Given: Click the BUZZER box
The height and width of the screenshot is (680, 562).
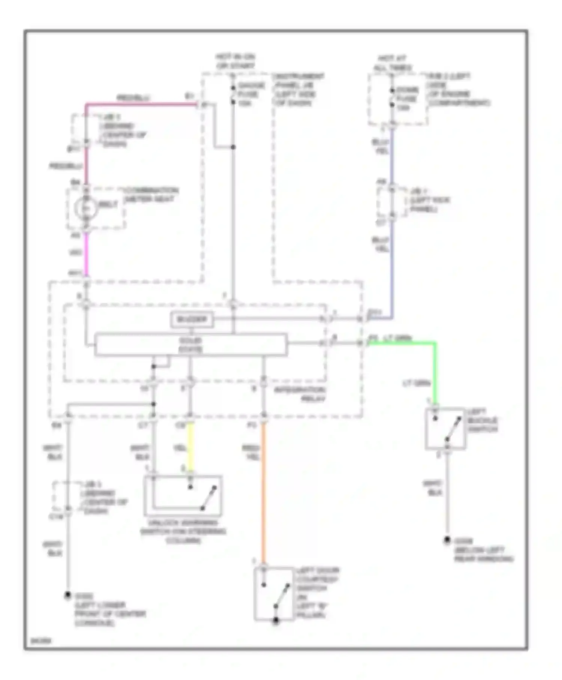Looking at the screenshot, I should pyautogui.click(x=192, y=320).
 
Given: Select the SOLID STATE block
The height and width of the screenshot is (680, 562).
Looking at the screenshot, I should pyautogui.click(x=191, y=344).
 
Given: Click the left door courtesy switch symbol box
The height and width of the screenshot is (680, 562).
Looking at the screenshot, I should pyautogui.click(x=274, y=594).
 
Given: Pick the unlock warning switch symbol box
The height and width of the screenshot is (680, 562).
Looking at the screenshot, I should pyautogui.click(x=183, y=496).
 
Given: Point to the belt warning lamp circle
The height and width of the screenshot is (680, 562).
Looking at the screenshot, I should pyautogui.click(x=86, y=207).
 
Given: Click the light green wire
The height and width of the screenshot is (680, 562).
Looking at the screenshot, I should pyautogui.click(x=435, y=371).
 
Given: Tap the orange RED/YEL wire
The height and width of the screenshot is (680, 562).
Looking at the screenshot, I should pyautogui.click(x=264, y=495).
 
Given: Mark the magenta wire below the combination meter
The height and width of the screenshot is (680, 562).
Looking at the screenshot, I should pyautogui.click(x=86, y=255).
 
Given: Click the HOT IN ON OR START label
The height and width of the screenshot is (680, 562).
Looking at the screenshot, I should pyautogui.click(x=235, y=61).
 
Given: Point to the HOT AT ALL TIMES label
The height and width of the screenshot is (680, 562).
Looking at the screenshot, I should pyautogui.click(x=392, y=63).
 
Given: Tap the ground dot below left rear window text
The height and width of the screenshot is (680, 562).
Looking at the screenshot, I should pyautogui.click(x=447, y=540).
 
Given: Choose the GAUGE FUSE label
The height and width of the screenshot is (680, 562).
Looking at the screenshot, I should pyautogui.click(x=251, y=94).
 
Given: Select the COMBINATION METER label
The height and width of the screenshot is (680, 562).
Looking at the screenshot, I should pyautogui.click(x=151, y=195).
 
